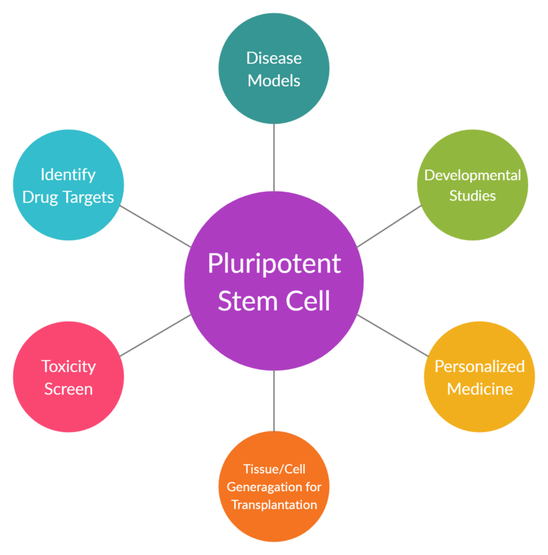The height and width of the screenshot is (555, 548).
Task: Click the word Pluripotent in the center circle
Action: click(x=274, y=264)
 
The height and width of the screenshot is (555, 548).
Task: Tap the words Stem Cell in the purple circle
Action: click(x=274, y=301)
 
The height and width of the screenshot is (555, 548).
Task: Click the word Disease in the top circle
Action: click(x=274, y=57)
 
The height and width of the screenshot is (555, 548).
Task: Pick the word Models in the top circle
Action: click(x=274, y=80)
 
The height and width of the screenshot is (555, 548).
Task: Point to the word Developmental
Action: click(x=472, y=175)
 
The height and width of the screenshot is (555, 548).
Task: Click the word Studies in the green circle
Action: click(x=472, y=196)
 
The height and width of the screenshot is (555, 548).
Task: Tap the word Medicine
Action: click(x=479, y=389)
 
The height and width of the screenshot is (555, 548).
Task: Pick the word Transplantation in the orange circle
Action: click(x=274, y=505)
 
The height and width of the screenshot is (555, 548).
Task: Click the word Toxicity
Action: click(x=69, y=366)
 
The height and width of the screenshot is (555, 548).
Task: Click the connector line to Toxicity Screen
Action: click(x=155, y=335)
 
